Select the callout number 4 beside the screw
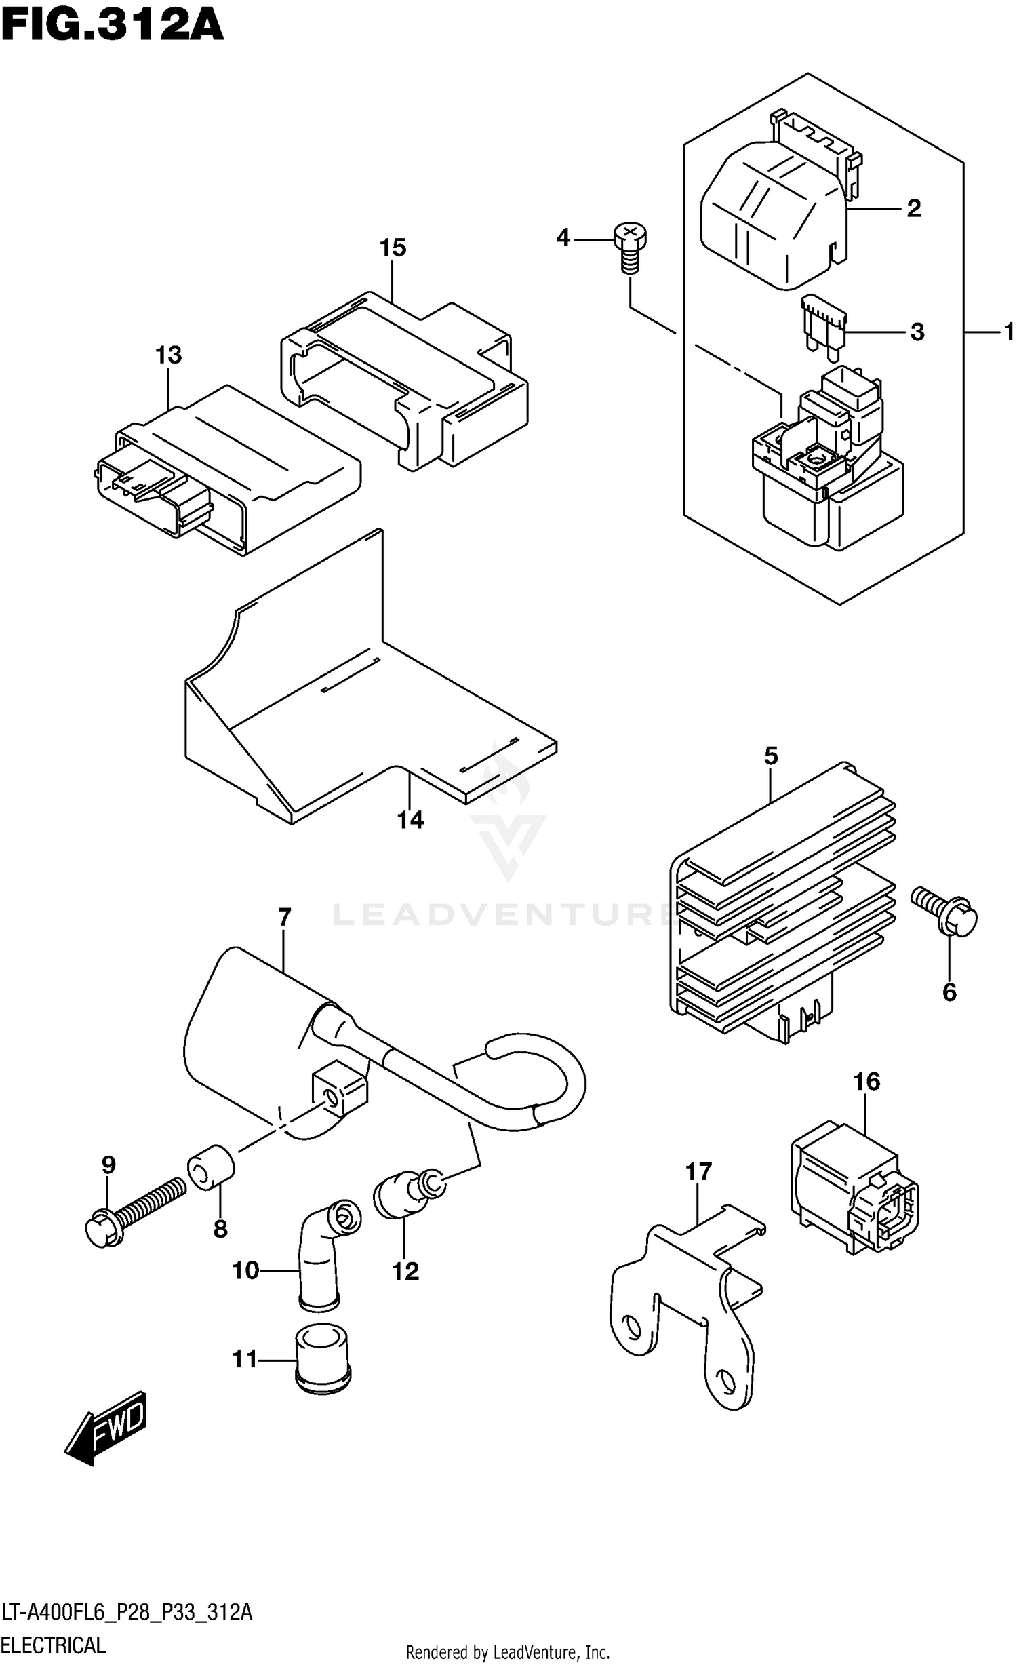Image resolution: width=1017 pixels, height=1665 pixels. [x=563, y=238]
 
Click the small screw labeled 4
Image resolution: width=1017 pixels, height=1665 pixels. [x=630, y=248]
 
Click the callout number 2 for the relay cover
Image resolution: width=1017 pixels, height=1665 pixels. [x=914, y=208]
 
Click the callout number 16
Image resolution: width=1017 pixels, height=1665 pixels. [x=866, y=1081]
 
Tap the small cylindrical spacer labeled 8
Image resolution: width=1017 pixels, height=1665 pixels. [x=211, y=1167]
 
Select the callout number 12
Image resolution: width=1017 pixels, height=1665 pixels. [x=405, y=1271]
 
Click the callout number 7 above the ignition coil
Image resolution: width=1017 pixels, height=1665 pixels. [x=284, y=918]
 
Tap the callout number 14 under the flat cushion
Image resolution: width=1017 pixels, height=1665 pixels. [x=410, y=820]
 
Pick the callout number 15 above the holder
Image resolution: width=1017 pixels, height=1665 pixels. [x=393, y=248]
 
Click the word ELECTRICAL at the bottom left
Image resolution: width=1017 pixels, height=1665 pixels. [x=54, y=1645]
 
